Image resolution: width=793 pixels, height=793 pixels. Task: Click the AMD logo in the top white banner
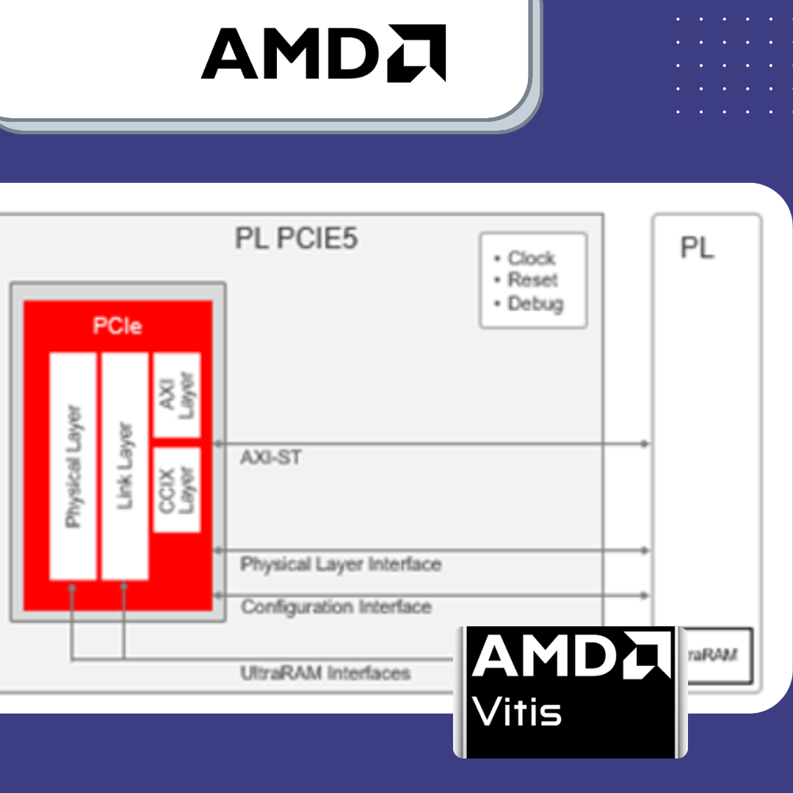323,53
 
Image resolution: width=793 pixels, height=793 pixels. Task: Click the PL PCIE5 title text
297,239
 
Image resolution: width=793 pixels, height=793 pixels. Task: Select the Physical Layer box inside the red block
73,466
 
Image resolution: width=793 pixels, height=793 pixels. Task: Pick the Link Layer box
125,466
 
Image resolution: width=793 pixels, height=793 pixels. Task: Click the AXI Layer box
176,394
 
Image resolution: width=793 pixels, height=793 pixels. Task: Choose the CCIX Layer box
176,489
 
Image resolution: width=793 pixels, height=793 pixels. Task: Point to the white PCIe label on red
117,326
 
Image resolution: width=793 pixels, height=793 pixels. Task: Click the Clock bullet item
531,258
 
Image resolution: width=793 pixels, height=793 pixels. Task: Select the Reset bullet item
532,280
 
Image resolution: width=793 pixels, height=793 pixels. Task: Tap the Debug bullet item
535,303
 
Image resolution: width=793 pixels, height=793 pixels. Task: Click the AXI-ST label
271,458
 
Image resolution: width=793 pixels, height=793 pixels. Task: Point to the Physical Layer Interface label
341,565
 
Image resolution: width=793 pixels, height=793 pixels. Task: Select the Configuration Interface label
336,607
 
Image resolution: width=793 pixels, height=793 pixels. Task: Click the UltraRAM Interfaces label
325,673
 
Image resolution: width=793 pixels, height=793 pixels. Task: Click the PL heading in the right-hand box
697,248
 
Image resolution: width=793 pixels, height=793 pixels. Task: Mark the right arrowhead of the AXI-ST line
645,443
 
